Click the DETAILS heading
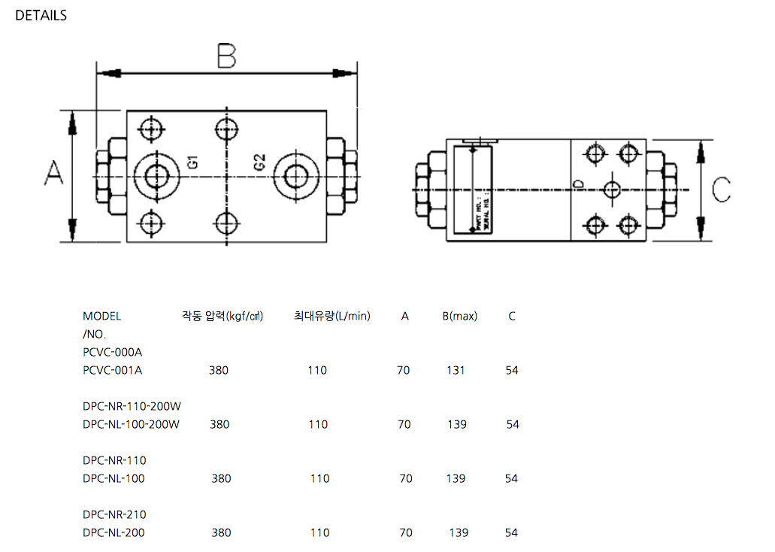coord(41,15)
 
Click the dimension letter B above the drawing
coord(226,56)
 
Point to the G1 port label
coord(192,161)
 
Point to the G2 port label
coord(259,162)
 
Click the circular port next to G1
coord(158,176)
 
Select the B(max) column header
coord(459,316)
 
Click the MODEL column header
coord(101,316)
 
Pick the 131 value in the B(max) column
coord(456,370)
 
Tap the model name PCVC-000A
coord(112,352)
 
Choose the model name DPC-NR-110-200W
coord(132,406)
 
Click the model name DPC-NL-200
coord(114,532)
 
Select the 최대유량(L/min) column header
coord(331,316)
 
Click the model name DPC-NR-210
coord(114,514)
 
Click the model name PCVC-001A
coord(112,370)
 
